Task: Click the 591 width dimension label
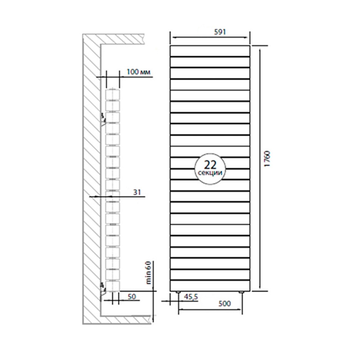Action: point(220,32)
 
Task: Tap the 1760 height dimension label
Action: point(267,159)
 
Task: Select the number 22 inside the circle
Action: point(210,165)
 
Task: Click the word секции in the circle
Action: point(210,173)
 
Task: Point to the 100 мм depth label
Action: point(139,72)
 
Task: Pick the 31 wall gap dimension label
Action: point(137,192)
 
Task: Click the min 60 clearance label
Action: point(149,273)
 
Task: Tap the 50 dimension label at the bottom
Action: point(132,297)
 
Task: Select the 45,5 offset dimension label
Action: point(191,297)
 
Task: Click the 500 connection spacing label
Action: point(224,303)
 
